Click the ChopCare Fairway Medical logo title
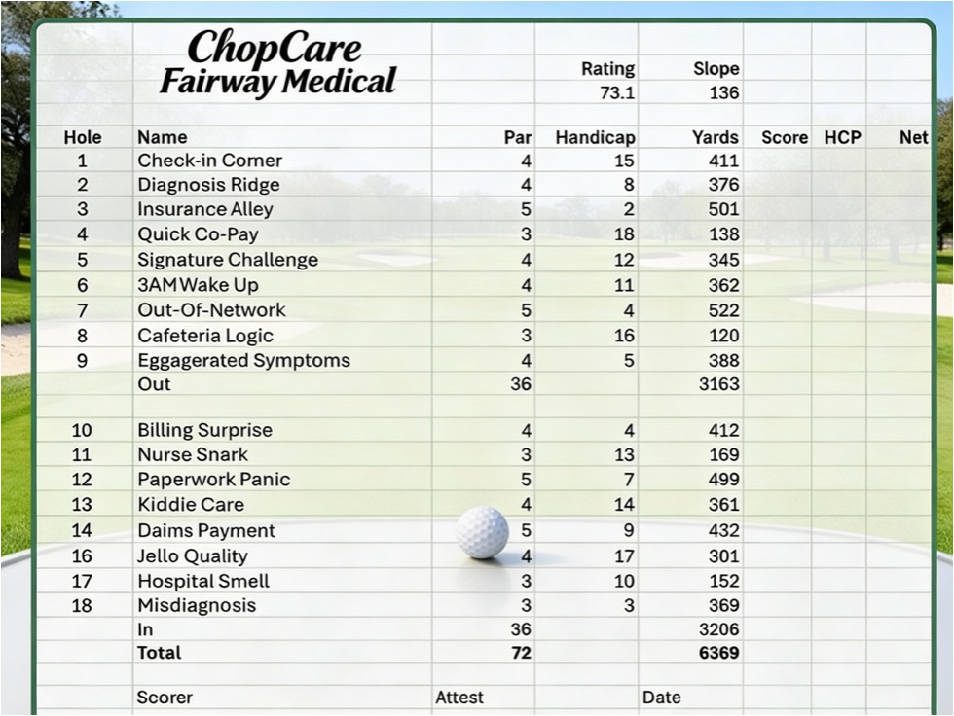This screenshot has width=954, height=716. pos(277,63)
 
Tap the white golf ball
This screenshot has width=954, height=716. pos(482,532)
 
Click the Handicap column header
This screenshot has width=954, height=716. pos(595,137)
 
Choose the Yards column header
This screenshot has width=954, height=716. pos(715,137)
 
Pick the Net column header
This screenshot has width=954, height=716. pos(913,137)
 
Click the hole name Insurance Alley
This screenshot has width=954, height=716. pos(205,209)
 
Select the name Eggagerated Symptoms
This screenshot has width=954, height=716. pos(243,360)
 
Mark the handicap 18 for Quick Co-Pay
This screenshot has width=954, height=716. pos(624,234)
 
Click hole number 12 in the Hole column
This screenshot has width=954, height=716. pos(82,480)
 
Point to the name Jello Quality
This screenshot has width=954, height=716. pos(192,556)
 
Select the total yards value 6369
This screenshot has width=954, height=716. pos(718,653)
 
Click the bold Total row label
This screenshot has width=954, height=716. pos(159,653)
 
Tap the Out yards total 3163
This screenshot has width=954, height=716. pos(718,384)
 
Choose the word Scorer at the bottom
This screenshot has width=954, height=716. pos(165,698)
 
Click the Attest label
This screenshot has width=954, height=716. pos(459,698)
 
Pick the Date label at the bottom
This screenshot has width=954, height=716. pos(661,698)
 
